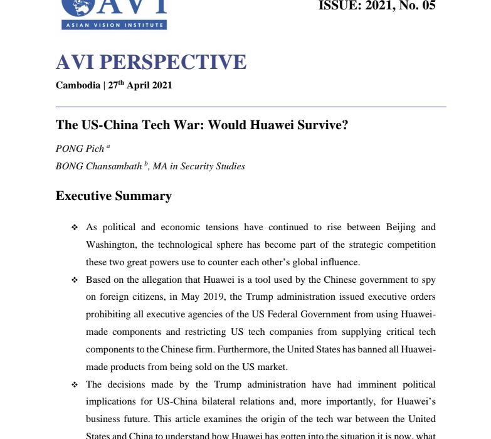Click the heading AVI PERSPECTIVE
[x=151, y=63]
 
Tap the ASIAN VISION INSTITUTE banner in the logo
[x=114, y=25]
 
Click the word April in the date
[x=139, y=85]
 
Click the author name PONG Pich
[x=80, y=149]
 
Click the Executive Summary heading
[x=114, y=196]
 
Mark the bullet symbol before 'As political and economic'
[x=75, y=227]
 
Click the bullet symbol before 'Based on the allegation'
[x=75, y=279]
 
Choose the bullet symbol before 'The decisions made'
[x=75, y=384]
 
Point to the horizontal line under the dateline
[x=251, y=107]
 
